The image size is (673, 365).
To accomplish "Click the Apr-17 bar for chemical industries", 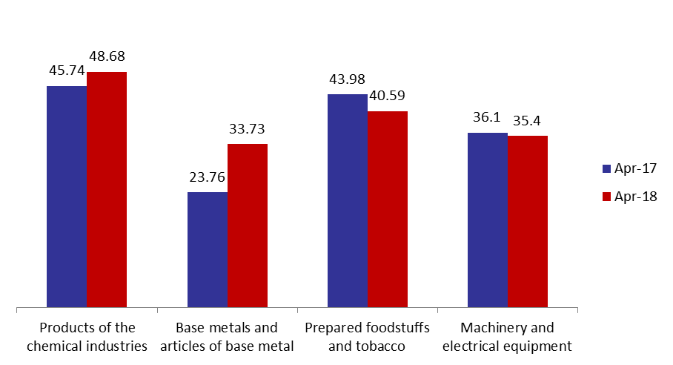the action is (x=67, y=197).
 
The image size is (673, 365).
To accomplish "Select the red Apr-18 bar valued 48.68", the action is (x=107, y=189).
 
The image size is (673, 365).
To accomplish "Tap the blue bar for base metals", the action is (x=208, y=249).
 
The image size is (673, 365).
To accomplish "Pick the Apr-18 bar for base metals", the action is (x=248, y=226).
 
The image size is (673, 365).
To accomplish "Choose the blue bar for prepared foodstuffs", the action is (x=348, y=200).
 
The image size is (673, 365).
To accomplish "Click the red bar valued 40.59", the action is (x=388, y=209).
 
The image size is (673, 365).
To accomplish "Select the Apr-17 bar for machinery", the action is (x=488, y=220).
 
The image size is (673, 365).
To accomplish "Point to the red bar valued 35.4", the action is (x=528, y=222).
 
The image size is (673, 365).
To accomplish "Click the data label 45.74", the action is (x=67, y=70).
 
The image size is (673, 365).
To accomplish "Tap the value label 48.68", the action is (x=107, y=56).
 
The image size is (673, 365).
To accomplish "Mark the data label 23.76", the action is (x=208, y=177).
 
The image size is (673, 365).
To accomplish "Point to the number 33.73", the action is (x=247, y=129).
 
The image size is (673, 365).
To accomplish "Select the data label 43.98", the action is (x=347, y=79).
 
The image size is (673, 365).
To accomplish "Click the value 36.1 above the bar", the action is (x=487, y=116).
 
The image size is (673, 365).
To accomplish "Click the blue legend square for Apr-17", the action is (x=606, y=168).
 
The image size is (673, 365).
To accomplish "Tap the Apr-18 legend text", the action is (x=636, y=197).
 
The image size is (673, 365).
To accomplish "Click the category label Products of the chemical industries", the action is (x=87, y=337).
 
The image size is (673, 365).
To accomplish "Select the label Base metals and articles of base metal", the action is (x=227, y=337).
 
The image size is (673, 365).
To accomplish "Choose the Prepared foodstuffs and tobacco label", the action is (x=367, y=337).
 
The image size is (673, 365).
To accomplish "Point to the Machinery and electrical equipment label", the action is (x=507, y=337).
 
